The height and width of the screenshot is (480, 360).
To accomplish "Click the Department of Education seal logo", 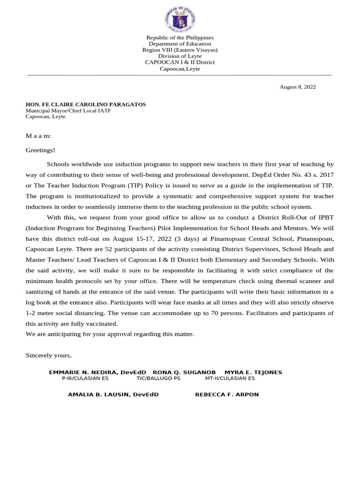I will point(180,20).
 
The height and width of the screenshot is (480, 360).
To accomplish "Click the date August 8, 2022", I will point(298,87).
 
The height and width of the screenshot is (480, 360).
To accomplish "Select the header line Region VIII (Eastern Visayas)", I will point(180,50).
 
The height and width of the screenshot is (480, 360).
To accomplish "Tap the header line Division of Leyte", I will point(180,56).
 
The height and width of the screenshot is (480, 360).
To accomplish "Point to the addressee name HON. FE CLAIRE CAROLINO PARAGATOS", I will point(85,104).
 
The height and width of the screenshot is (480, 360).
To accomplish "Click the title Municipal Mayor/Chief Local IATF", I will point(68,111).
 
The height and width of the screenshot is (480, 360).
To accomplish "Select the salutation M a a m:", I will point(38,136).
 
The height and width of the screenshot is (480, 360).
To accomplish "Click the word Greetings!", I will point(40,150).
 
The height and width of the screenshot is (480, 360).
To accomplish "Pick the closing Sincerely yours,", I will point(48,355).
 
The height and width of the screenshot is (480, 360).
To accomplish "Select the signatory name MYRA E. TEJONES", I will point(253,372).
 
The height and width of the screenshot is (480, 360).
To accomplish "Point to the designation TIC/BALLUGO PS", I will point(158,378).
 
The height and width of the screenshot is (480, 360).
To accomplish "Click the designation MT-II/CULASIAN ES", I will point(230,378).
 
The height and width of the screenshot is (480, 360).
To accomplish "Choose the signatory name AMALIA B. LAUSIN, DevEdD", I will point(113,395).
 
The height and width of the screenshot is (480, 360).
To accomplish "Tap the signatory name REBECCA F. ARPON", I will point(227,395).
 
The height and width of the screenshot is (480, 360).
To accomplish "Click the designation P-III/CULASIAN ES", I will point(85,378).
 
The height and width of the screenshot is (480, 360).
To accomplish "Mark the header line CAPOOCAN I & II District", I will point(180,62).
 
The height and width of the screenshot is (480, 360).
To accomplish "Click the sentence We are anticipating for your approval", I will point(110,334).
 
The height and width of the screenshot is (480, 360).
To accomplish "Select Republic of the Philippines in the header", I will point(180,37).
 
